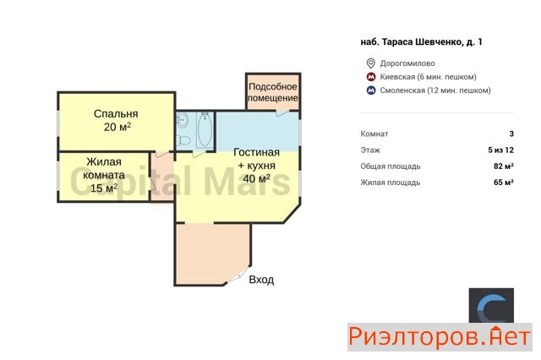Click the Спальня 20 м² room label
(116, 120)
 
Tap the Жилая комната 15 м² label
(104, 175)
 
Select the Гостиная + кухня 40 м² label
(256, 166)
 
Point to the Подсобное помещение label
(272, 92)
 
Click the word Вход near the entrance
(261, 280)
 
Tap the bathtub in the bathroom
(205, 130)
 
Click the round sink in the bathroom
(183, 120)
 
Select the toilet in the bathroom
(183, 140)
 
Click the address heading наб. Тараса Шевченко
(421, 42)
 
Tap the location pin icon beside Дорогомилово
(370, 63)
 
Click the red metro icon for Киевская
(371, 77)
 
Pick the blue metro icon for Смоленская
(371, 90)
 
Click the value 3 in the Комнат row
(511, 134)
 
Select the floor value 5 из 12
(500, 150)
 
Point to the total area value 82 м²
(504, 166)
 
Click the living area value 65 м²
(504, 183)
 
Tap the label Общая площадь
(391, 166)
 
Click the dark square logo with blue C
(491, 306)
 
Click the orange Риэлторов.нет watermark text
(440, 337)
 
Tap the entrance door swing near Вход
(238, 275)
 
